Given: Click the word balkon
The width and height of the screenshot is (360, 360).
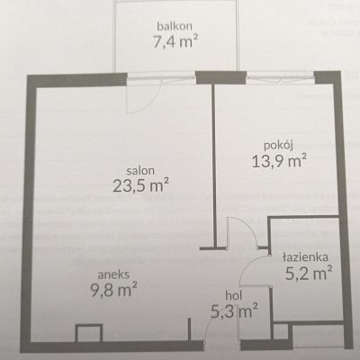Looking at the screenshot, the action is point(175,26).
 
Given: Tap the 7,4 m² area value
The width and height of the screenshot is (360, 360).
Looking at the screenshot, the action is point(175,41).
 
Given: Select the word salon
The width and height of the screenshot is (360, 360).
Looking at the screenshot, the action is point(140,171).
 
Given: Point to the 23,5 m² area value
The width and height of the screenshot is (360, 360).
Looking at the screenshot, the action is point(140,185).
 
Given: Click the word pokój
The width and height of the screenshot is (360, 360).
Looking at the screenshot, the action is point(278,146).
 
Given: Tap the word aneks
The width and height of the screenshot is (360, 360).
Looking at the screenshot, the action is point(114,274).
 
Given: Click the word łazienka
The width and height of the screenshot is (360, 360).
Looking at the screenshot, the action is point(305,257).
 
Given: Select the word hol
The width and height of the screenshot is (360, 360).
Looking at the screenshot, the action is point(234,296).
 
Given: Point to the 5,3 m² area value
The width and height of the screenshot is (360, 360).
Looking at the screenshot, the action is point(234,310).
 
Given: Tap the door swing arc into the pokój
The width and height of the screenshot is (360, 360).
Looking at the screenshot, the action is point(249,227).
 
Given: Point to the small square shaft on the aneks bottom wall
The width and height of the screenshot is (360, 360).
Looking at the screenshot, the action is point(89,333).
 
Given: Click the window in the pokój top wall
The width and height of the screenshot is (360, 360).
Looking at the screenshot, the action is point(280,76).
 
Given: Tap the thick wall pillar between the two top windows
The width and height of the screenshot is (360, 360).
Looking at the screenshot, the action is point(220,77).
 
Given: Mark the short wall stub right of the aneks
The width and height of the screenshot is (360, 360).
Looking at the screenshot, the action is point(190,329).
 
